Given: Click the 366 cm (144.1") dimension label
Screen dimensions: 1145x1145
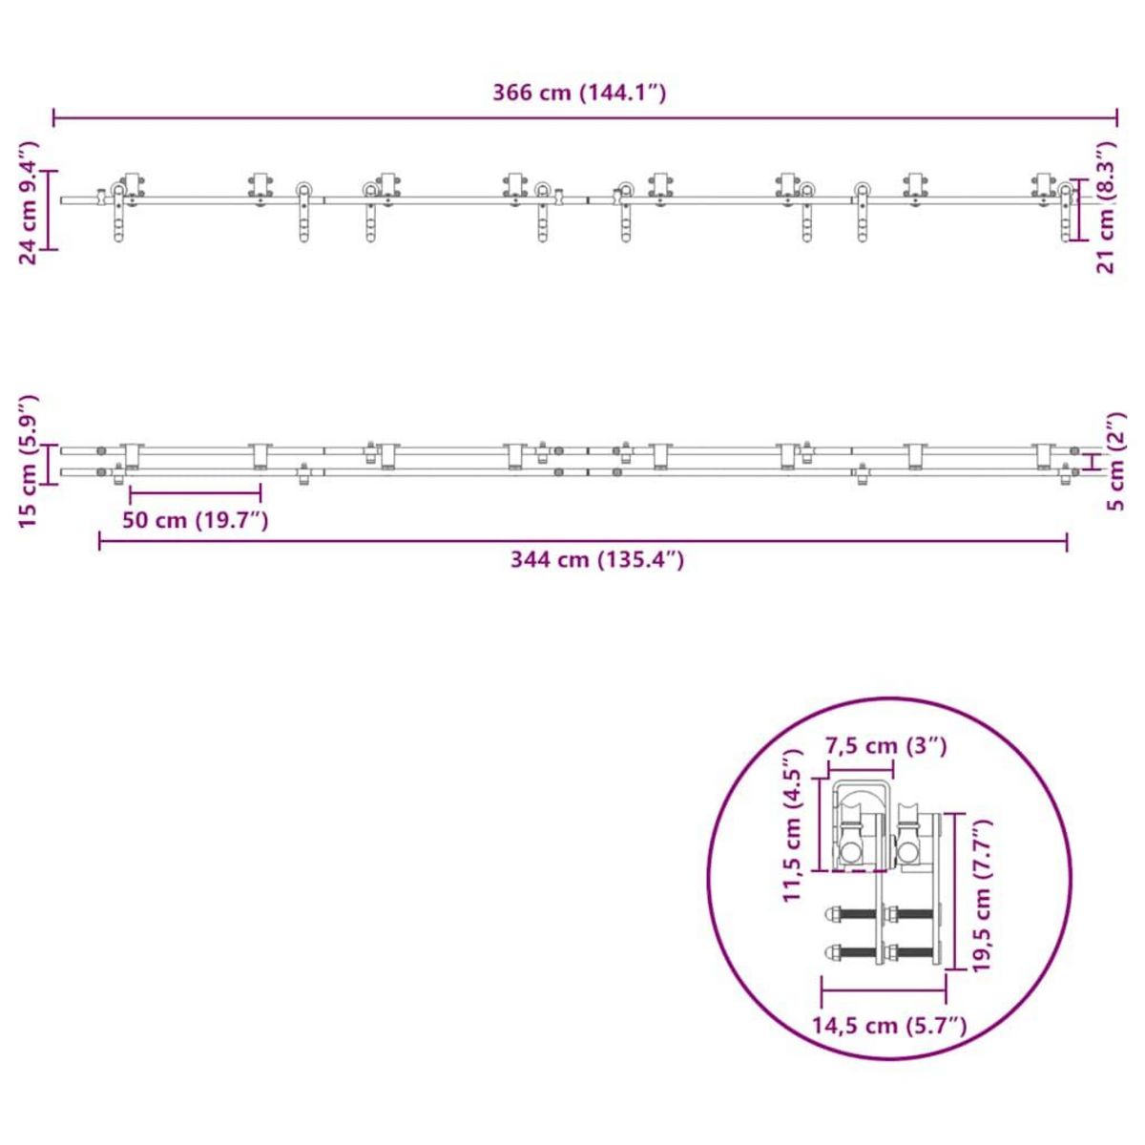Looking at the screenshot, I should point(578,93).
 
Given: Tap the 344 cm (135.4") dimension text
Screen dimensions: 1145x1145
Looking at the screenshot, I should point(596,560).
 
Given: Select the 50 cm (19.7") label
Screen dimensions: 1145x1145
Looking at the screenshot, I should point(196,520).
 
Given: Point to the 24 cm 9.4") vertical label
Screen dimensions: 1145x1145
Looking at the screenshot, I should point(29,201).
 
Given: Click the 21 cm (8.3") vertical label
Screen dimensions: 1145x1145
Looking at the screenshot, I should point(1106,208).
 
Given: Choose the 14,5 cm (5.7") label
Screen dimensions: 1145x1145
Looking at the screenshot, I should point(889,1026).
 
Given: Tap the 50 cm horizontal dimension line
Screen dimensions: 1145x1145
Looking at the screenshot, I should point(196,492).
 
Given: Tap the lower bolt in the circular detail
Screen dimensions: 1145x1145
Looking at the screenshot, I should point(883,951).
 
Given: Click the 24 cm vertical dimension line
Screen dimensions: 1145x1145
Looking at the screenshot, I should point(52,210).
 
